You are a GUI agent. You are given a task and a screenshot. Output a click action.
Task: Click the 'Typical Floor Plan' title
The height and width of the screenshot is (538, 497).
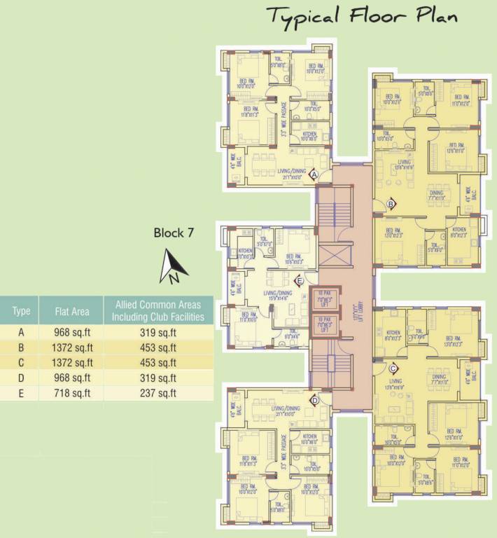coord(362,17)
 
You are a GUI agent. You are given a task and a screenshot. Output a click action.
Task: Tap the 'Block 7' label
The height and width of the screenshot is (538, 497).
coord(174,233)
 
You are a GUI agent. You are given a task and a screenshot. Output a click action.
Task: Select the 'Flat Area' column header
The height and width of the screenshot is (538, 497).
coord(70,311)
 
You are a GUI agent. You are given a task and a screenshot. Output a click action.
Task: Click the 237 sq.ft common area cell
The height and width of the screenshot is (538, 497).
coord(158,392)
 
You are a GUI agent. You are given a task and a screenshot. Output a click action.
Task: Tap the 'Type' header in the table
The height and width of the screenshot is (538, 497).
coord(22,311)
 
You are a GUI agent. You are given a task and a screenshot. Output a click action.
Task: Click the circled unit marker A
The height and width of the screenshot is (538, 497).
coord(314,174)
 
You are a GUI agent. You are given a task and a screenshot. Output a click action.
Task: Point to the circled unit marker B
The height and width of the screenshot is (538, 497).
coord(391,204)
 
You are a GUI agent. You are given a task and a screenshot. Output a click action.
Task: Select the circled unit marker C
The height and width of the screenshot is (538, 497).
coord(393,368)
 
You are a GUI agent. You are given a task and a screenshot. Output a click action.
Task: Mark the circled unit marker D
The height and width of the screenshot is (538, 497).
coord(314,400)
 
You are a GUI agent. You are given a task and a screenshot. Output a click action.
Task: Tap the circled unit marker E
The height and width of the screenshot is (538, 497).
coord(299,282)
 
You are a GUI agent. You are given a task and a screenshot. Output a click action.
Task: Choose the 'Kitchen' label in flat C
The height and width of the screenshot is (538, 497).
coord(393,333)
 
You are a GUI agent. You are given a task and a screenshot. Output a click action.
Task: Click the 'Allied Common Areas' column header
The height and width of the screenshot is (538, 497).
coord(158,311)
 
